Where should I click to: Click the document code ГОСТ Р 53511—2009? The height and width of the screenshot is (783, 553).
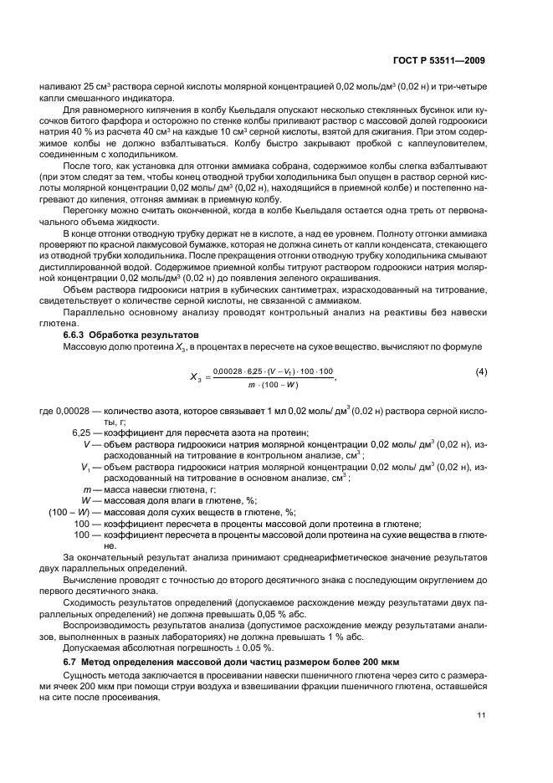coord(438,60)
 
